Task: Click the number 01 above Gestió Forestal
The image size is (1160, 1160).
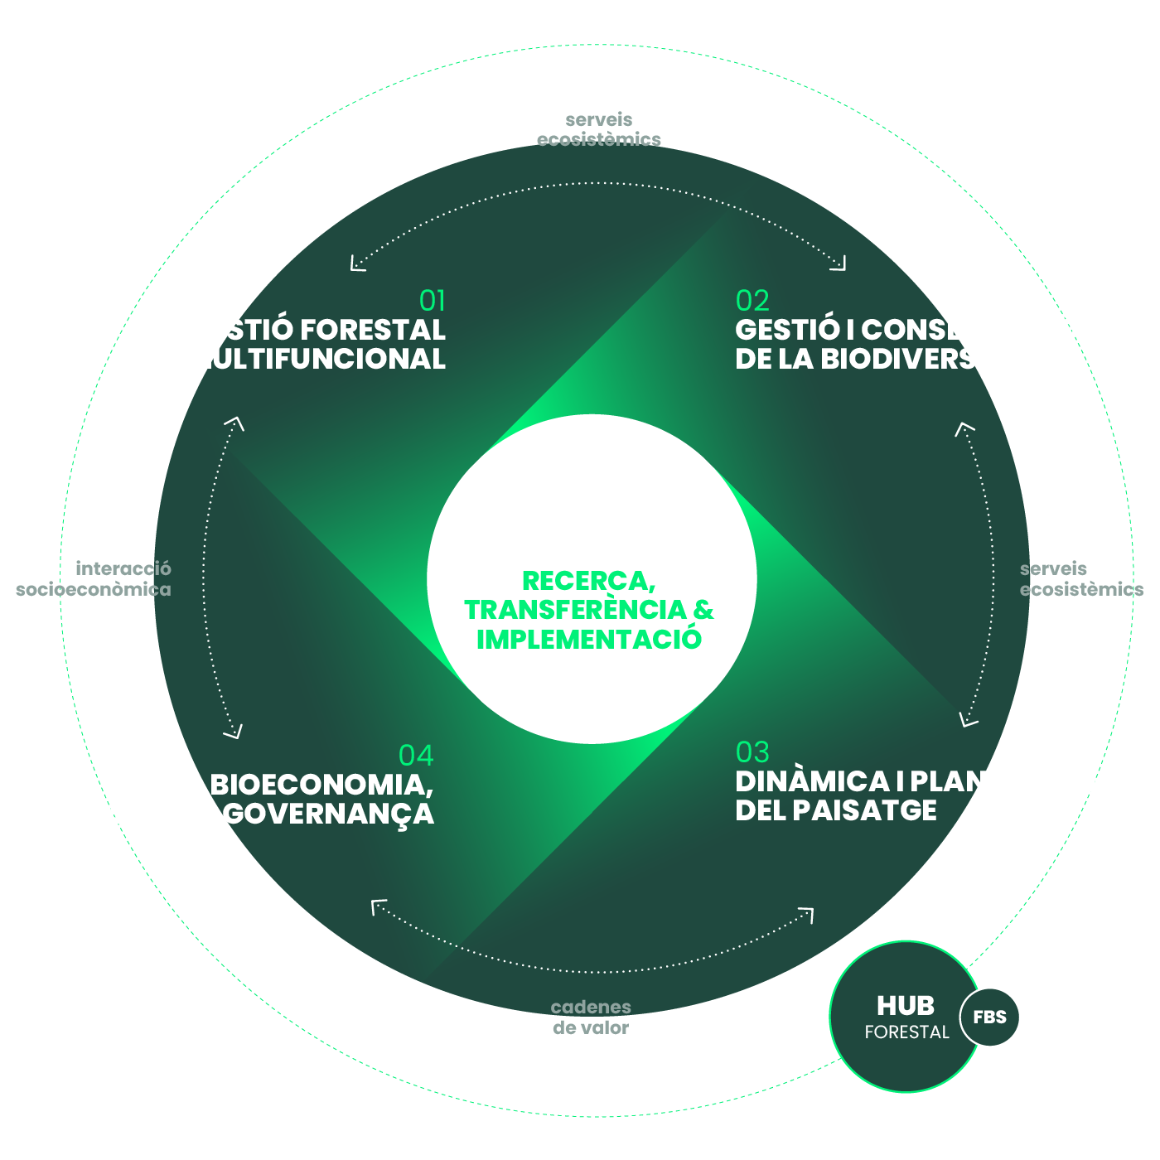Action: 433,300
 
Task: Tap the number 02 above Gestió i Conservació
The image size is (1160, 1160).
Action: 752,300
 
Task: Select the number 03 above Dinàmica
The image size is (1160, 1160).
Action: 752,752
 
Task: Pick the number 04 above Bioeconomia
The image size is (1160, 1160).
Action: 416,755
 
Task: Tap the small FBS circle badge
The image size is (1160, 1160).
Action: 989,1017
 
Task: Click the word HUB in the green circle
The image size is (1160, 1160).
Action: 906,1005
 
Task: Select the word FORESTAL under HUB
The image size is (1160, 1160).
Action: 906,1032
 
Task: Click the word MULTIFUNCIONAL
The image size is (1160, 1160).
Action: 316,359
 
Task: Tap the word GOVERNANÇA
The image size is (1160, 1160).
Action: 328,814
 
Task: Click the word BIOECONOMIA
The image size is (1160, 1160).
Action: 321,784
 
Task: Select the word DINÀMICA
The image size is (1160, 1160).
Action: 812,781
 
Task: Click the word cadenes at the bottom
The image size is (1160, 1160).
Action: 591,1007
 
